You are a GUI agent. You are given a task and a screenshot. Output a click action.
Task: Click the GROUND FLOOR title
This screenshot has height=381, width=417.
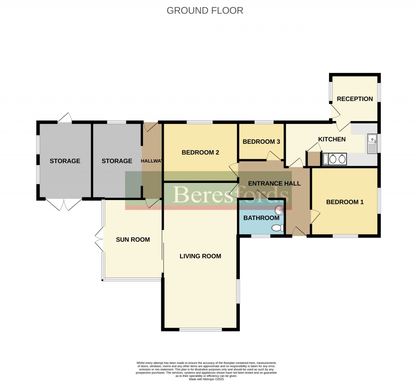[205, 11]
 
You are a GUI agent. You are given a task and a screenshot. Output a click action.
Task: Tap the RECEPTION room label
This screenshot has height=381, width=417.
[355, 99]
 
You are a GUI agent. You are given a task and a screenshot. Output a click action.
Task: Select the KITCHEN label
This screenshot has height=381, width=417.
[331, 139]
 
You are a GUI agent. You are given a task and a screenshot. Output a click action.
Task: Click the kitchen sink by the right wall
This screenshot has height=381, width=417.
[372, 144]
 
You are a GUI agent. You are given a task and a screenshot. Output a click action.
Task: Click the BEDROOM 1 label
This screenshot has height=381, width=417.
[345, 202]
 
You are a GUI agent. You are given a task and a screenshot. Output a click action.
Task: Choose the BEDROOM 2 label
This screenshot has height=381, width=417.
[200, 152]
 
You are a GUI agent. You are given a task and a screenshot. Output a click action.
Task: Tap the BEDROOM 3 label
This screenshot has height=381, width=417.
[261, 142]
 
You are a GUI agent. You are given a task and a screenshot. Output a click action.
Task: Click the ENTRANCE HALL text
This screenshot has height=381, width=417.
[274, 183]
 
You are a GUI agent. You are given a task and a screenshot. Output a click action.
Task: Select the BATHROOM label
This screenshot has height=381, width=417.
[261, 218]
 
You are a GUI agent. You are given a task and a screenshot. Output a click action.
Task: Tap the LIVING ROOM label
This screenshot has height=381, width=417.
[200, 256]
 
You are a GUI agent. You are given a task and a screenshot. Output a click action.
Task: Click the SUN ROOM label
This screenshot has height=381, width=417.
[133, 240]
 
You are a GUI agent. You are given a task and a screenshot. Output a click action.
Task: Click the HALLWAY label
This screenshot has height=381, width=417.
[152, 161]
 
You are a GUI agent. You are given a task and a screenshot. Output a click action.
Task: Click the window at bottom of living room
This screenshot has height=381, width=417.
[200, 329]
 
